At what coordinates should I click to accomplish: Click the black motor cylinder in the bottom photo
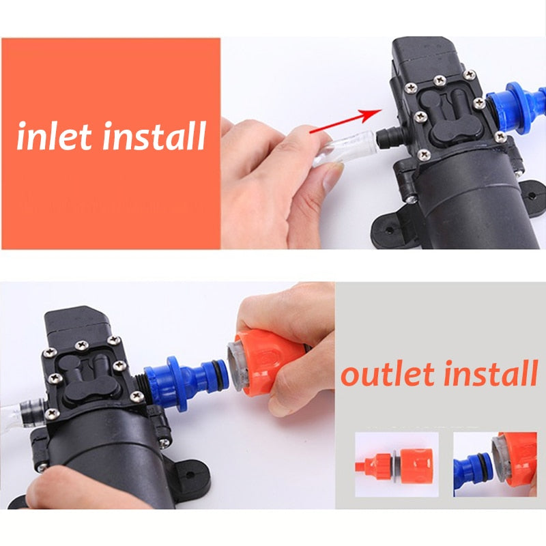102,464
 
